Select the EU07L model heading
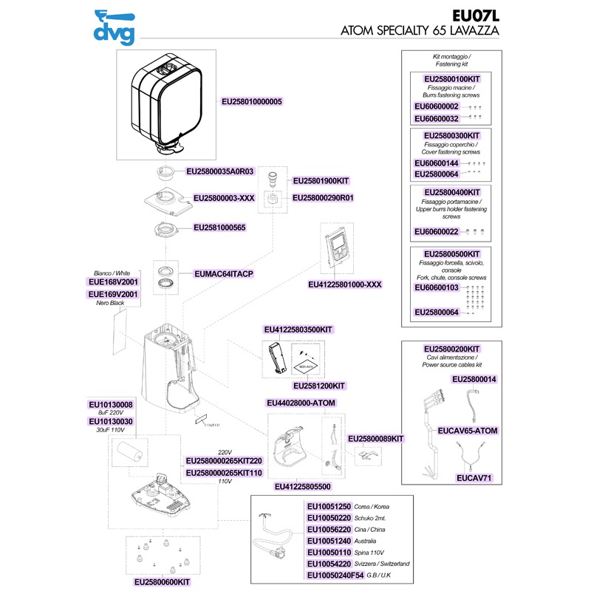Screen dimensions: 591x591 tap(475, 14)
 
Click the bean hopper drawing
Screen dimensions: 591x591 tap(165, 103)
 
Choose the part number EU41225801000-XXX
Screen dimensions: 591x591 tap(346, 284)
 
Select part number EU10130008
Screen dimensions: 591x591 tap(110, 405)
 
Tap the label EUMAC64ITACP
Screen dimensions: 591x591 tap(223, 274)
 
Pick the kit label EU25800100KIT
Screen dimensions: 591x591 tap(451, 78)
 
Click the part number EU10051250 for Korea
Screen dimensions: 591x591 tap(329, 507)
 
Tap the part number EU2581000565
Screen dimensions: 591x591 tap(219, 228)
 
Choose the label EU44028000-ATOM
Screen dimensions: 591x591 tap(301, 403)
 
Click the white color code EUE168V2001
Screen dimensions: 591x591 tap(113, 282)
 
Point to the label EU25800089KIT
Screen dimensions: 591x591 tap(375, 438)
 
